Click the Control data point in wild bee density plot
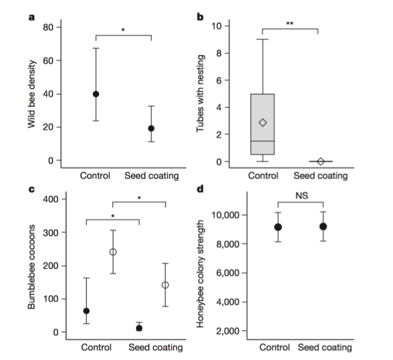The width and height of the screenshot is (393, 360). pyautogui.click(x=96, y=94)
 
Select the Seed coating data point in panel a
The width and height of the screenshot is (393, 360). pyautogui.click(x=151, y=129)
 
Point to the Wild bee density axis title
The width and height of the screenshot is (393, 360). pyautogui.click(x=31, y=94)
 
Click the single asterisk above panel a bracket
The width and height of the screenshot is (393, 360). pyautogui.click(x=123, y=30)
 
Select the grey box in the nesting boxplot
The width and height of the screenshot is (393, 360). pyautogui.click(x=263, y=124)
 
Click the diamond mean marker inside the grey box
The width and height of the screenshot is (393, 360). pyautogui.click(x=263, y=122)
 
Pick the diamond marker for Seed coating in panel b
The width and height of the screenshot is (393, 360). pyautogui.click(x=321, y=162)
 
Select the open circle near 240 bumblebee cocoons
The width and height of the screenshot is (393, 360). pyautogui.click(x=112, y=252)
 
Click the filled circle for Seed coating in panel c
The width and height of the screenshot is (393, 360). pyautogui.click(x=139, y=328)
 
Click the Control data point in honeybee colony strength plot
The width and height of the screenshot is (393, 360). pyautogui.click(x=278, y=227)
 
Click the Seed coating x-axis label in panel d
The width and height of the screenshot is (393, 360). pyautogui.click(x=325, y=347)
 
